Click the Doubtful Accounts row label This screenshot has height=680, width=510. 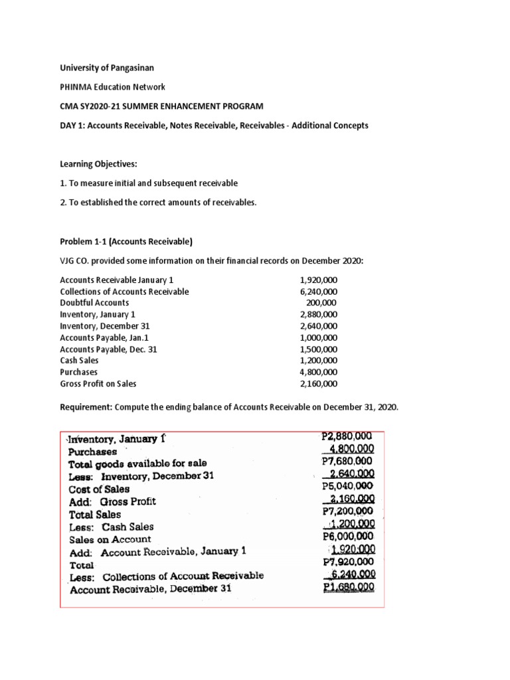tap(94, 303)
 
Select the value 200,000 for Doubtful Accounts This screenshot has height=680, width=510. tap(322, 303)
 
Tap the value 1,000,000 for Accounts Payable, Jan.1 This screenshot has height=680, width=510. tap(318, 337)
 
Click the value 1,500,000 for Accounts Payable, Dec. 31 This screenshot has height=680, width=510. tap(318, 349)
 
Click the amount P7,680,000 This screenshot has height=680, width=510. tap(346, 461)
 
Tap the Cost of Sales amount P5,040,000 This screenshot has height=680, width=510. tap(346, 486)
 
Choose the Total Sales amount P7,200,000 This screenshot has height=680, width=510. tap(346, 511)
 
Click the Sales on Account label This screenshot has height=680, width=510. tap(110, 539)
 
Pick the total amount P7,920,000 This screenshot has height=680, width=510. tap(346, 562)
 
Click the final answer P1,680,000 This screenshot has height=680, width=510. tap(348, 588)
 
